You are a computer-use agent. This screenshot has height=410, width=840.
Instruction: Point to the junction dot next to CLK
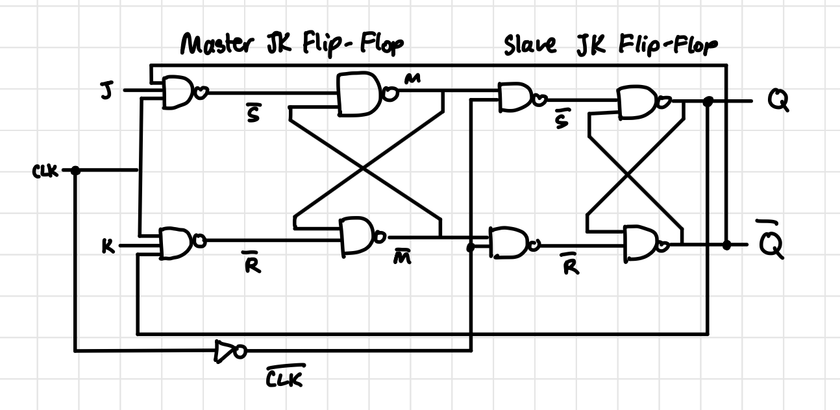coord(75,171)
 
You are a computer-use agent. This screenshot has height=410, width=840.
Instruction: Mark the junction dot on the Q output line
coord(708,102)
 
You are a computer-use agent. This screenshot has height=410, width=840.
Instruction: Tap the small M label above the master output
coord(412,79)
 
